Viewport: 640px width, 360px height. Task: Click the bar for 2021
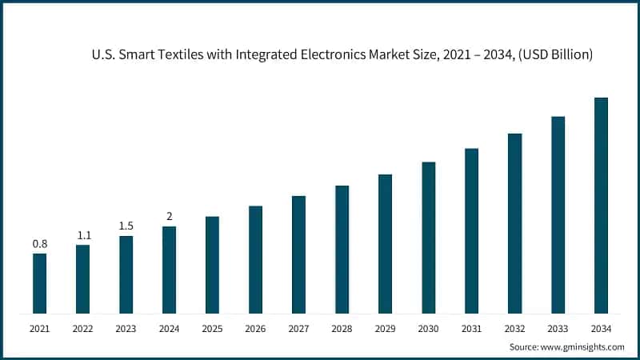pos(39,283)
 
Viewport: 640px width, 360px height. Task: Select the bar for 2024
pos(169,270)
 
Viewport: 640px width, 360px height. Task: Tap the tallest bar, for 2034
pos(601,206)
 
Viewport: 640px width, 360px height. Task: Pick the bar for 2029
pos(385,244)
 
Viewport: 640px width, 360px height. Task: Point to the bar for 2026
pos(255,260)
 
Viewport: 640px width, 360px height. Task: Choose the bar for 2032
pos(514,223)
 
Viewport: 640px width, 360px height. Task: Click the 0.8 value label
pos(39,243)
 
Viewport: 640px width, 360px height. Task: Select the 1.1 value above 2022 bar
pos(83,234)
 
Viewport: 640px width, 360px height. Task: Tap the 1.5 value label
pos(126,226)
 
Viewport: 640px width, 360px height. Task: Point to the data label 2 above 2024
pos(169,216)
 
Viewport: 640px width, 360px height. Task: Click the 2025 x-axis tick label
pos(212,328)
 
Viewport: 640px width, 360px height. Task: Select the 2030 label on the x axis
pos(428,328)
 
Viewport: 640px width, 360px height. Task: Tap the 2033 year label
pos(558,328)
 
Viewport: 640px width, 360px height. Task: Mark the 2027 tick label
pos(298,328)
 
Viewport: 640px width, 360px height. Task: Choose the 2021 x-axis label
pos(39,328)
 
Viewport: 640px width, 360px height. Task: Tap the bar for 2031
pos(471,231)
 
